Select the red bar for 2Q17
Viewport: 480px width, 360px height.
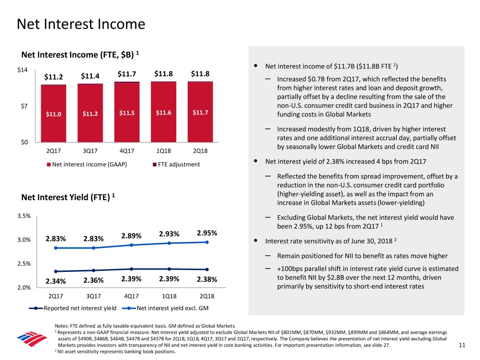(53, 112)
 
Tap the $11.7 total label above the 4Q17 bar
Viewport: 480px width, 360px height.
(127, 74)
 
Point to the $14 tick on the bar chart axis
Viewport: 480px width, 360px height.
(22, 70)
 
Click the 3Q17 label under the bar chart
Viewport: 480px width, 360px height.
(90, 151)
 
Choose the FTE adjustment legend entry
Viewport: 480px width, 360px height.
(176, 164)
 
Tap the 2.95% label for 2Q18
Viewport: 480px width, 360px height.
(207, 233)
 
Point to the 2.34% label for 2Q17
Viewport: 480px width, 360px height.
(55, 281)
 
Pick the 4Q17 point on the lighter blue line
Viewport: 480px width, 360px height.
(132, 245)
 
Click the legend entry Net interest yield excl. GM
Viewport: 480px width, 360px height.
(168, 308)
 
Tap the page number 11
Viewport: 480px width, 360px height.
(462, 346)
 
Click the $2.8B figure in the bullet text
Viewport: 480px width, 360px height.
(354, 277)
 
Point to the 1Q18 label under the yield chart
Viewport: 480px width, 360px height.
(170, 296)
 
